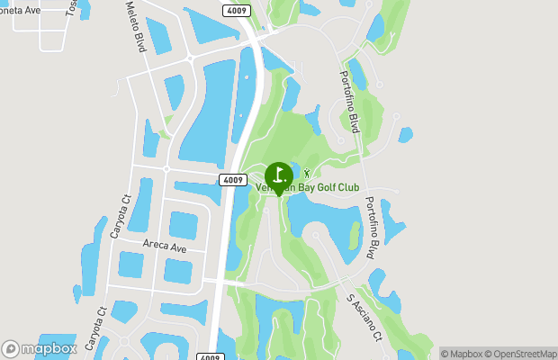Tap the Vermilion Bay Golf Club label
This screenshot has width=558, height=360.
click(x=308, y=188)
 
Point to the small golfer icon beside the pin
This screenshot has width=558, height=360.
click(x=307, y=173)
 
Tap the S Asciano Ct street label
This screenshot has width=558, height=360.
click(x=364, y=319)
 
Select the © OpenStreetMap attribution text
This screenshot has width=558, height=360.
click(x=523, y=354)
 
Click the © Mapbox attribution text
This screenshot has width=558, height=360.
click(x=463, y=354)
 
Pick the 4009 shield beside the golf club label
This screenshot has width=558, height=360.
click(x=232, y=180)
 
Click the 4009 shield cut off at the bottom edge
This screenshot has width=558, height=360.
click(x=209, y=355)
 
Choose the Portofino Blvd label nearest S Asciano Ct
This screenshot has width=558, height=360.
click(x=373, y=229)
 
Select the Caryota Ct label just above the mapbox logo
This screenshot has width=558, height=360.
click(x=94, y=328)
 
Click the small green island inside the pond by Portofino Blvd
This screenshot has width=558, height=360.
click(x=354, y=236)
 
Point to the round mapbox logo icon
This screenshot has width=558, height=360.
click(x=11, y=348)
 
